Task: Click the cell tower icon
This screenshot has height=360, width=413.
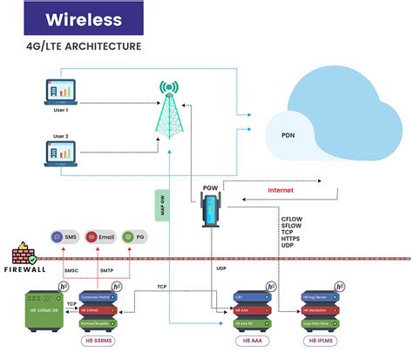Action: [x=167, y=114]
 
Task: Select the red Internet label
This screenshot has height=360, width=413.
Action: [x=280, y=188]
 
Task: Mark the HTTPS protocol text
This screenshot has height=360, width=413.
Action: [x=291, y=239]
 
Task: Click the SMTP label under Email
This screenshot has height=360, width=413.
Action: [x=106, y=272]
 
